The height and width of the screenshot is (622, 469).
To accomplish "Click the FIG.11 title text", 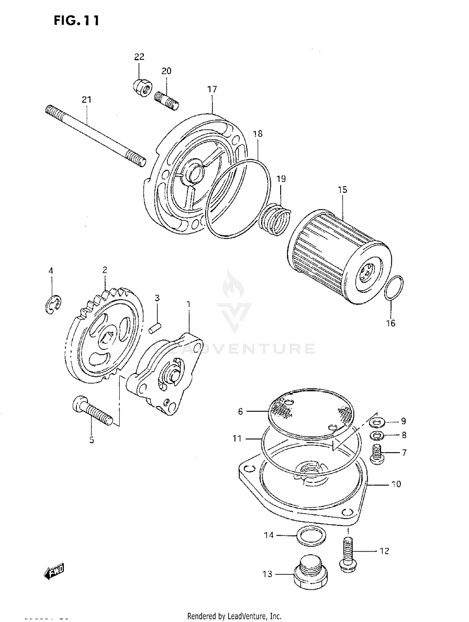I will tap(77, 21).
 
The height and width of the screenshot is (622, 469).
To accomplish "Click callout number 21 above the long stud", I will tap(87, 100).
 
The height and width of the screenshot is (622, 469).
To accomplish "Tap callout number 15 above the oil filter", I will tap(342, 190).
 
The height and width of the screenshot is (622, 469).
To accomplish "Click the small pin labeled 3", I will tap(155, 328).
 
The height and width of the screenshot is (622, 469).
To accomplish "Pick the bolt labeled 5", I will tap(92, 410).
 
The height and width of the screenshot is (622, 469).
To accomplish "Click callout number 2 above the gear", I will tap(104, 270).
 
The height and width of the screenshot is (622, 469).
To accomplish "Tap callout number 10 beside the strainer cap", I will tap(396, 484).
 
